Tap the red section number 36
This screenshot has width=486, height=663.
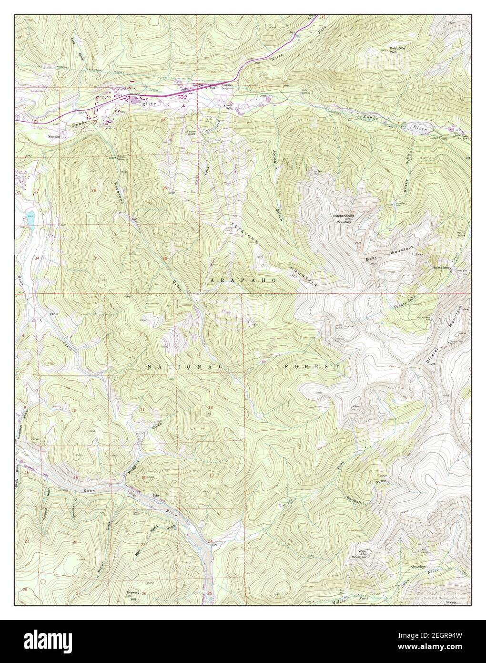click(x=164, y=259)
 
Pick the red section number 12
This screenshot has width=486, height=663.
click(x=210, y=406)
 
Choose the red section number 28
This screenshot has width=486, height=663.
click(x=25, y=590)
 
